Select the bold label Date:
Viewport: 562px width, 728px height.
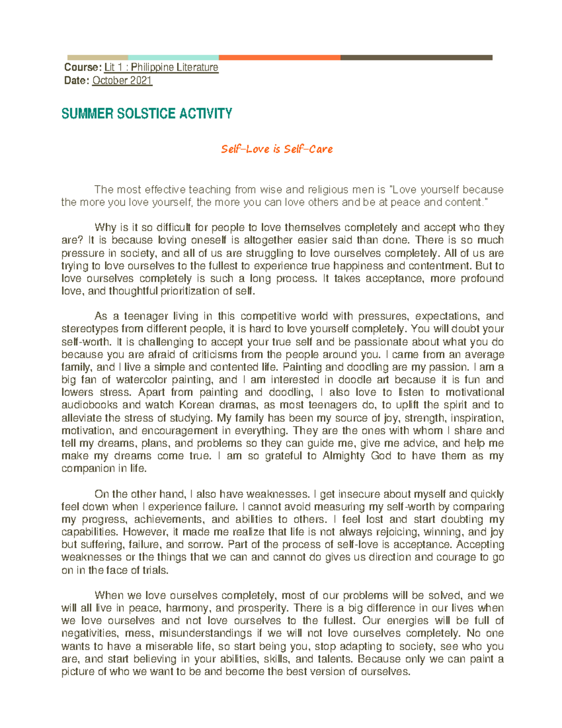click(x=76, y=81)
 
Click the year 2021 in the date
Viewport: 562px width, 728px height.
click(x=141, y=81)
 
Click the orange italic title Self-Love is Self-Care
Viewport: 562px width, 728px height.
click(x=277, y=150)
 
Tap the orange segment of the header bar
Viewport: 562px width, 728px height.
click(x=279, y=58)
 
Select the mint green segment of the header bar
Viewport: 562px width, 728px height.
click(x=173, y=58)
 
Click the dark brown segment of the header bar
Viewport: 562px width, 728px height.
click(x=416, y=58)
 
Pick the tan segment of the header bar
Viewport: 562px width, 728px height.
click(x=97, y=58)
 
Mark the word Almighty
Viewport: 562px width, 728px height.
click(x=343, y=456)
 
